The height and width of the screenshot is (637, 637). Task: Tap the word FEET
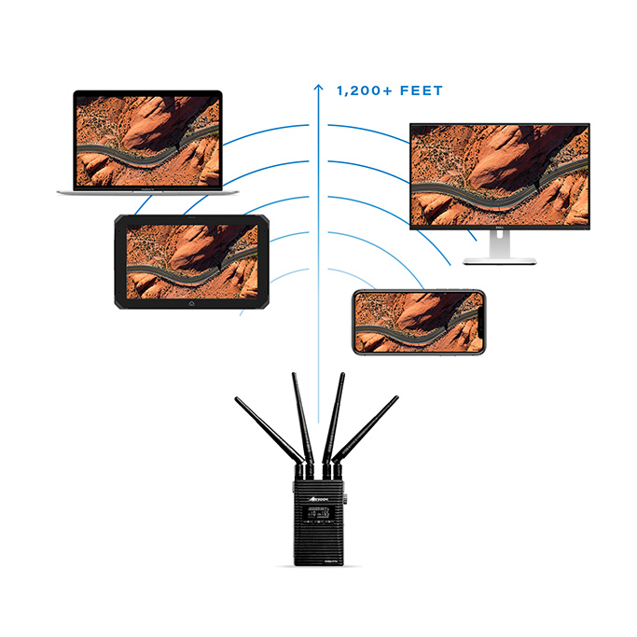(421, 91)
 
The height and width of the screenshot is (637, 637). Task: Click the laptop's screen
(147, 138)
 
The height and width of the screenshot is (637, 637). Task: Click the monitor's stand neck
(500, 244)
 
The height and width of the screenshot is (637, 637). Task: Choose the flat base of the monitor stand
(500, 261)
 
